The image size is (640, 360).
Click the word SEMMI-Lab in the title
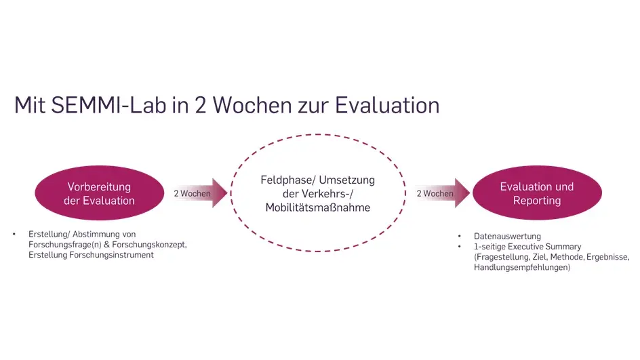[x=109, y=105]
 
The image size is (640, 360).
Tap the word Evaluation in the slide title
[x=387, y=105]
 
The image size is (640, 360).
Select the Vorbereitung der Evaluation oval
[x=100, y=193]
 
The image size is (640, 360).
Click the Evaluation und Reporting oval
[x=537, y=193]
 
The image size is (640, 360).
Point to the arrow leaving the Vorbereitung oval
[x=199, y=193]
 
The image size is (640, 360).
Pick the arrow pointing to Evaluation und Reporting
[x=443, y=193]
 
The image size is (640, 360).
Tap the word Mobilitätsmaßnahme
[x=318, y=207]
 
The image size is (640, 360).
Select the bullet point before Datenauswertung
[x=459, y=237]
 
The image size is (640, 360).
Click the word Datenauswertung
[x=507, y=237]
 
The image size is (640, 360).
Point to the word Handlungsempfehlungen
[x=522, y=267]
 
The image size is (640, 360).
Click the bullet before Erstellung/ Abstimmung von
[x=14, y=235]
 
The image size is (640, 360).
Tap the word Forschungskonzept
[x=149, y=245]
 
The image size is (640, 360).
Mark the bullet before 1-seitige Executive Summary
[x=459, y=247]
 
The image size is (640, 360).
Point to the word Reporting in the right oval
[x=537, y=201]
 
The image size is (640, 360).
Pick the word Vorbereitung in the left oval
[x=99, y=186]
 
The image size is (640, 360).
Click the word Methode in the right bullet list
[x=567, y=257]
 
